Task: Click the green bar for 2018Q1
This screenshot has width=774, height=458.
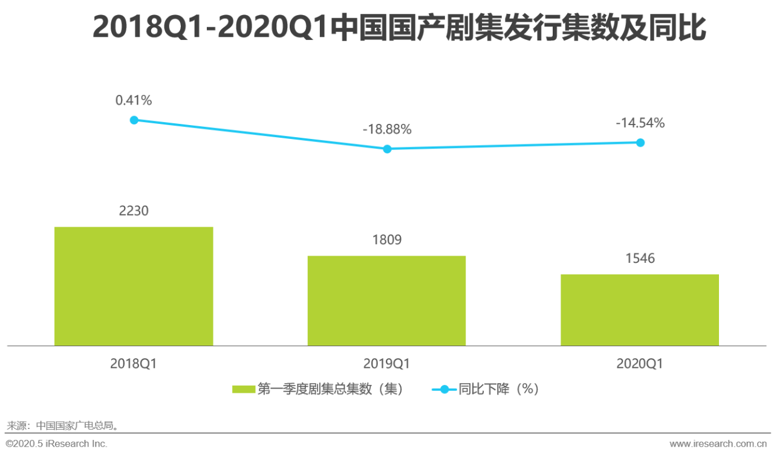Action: pos(134,286)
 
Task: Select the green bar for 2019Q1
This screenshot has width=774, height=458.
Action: pos(386,300)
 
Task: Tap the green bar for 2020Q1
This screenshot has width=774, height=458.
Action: pos(640,310)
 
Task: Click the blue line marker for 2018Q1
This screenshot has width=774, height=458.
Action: pos(134,120)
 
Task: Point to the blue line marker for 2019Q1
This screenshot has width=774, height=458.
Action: pos(388,149)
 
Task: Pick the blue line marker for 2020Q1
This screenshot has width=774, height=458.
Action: pos(640,143)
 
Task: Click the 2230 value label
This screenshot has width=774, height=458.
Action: pos(134,211)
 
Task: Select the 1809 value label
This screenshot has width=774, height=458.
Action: pos(387,240)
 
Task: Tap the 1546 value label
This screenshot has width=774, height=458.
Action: pos(640,259)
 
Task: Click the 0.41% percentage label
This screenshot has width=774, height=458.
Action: pos(134,100)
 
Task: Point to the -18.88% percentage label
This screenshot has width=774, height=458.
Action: pos(387,129)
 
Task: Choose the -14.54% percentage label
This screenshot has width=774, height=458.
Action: pos(640,123)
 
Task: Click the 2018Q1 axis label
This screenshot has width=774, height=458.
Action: pos(134,364)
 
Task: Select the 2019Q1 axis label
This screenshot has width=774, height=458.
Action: pos(387,364)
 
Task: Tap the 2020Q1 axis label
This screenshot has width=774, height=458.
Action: pos(640,364)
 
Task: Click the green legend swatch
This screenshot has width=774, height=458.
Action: pos(243,390)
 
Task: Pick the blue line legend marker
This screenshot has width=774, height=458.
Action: pos(444,390)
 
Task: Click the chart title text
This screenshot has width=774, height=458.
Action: pos(399,29)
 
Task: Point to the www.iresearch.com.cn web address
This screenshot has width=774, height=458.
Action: pos(718,444)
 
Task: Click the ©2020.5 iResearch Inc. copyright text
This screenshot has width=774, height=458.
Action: pos(56,444)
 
